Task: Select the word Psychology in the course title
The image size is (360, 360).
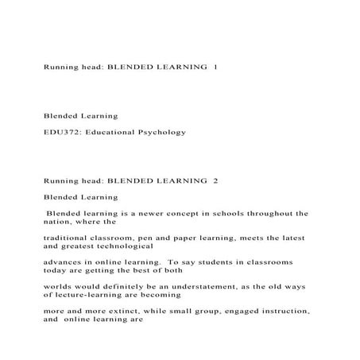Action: (x=163, y=131)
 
